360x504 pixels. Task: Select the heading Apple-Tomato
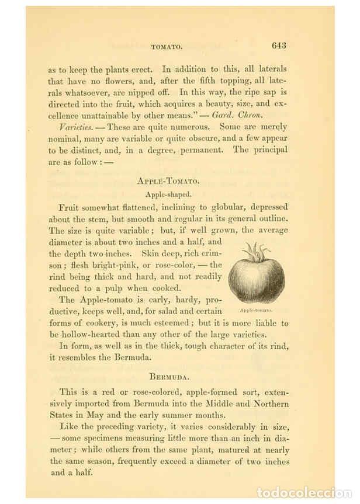[x=168, y=181]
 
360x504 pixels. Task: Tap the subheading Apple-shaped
[x=168, y=194]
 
